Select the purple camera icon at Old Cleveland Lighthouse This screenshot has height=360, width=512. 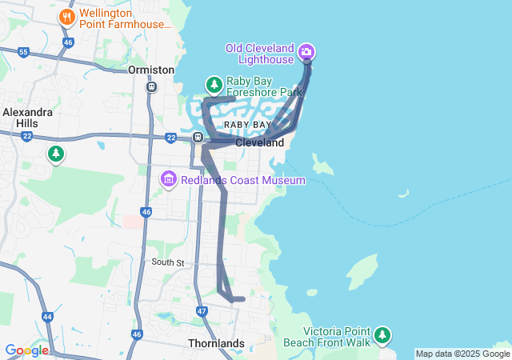point(306,54)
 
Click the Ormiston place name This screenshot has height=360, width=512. point(151,70)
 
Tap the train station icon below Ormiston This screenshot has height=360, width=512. point(152,86)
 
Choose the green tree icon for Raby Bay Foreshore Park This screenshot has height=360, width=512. point(214,84)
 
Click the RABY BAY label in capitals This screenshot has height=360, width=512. point(247,126)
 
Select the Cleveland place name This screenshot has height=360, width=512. point(259,142)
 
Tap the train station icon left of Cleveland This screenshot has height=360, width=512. point(197,138)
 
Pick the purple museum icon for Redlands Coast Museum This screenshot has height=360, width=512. point(169,179)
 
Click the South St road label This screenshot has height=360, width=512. point(168,262)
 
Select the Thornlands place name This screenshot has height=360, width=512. point(216,343)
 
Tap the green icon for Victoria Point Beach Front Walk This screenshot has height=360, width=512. point(382,334)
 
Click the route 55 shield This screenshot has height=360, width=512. point(23,52)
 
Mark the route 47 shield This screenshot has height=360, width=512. point(202,310)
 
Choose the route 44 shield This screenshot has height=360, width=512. point(47,317)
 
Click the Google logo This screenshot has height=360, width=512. point(26,350)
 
